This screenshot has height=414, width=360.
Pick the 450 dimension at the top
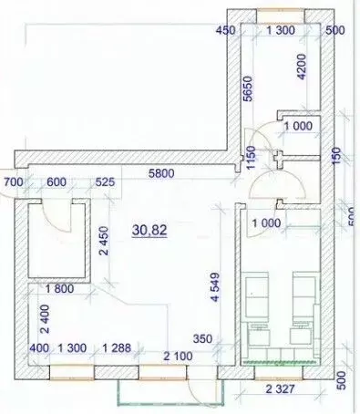coord(226,31)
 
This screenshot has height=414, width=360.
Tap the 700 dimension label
coord(13,182)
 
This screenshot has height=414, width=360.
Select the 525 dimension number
coord(105,182)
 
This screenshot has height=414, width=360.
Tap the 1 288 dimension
coord(119,348)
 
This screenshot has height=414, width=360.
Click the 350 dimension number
coord(202,339)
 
